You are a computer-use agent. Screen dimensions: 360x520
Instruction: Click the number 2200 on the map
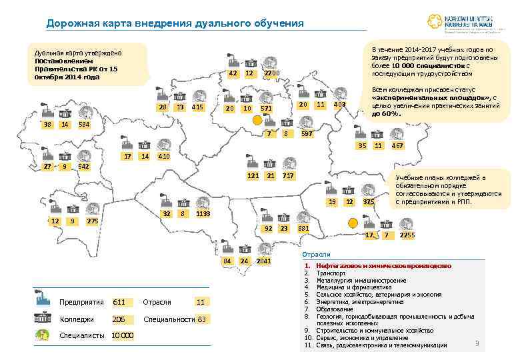click(273, 73)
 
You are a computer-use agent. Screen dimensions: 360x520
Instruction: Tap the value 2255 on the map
click(407, 235)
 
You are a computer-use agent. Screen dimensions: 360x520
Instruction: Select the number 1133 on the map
click(204, 213)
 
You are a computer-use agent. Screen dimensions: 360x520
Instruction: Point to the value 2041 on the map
click(264, 260)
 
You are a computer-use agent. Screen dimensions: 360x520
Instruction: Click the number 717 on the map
click(288, 175)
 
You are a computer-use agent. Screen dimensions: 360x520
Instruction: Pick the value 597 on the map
click(307, 134)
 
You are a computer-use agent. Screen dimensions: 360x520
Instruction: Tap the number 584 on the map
click(84, 125)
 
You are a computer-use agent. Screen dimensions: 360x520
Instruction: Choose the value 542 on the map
click(84, 166)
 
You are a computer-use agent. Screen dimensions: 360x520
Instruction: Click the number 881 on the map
click(303, 229)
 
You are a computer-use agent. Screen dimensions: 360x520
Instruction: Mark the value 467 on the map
click(397, 145)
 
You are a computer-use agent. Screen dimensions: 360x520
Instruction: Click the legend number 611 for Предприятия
click(119, 302)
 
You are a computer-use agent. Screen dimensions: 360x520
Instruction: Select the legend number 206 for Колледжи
click(119, 319)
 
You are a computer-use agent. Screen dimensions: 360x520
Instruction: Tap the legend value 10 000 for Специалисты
click(123, 335)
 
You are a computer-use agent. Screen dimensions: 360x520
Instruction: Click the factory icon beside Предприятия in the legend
click(43, 301)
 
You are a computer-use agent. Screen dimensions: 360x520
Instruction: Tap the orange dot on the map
click(257, 119)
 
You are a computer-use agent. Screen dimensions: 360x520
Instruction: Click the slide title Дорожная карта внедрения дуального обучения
click(175, 24)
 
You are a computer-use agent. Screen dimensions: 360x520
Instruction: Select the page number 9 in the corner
click(476, 343)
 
